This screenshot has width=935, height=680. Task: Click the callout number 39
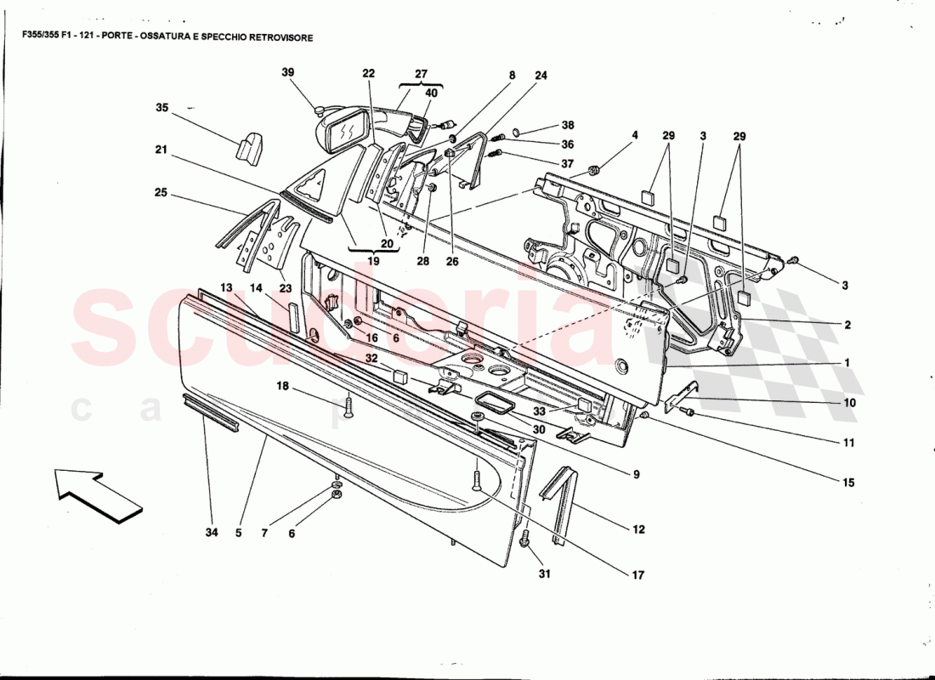[x=288, y=73]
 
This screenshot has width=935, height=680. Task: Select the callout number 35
[x=161, y=108]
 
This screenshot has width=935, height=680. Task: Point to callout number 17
[x=637, y=575]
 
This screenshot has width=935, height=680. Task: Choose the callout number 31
[x=544, y=574]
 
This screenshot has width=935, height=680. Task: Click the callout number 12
[x=638, y=530]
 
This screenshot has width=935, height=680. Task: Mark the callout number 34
[x=211, y=533]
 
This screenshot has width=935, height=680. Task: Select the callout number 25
[x=161, y=194]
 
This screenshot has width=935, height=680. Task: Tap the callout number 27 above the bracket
[x=422, y=73]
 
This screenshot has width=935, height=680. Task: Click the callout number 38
[x=568, y=125]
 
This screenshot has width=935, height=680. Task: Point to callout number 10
[x=850, y=404]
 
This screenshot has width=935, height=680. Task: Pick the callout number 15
[x=848, y=483]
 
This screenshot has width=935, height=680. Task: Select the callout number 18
[x=281, y=386]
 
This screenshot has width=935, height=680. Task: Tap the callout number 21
[x=161, y=150]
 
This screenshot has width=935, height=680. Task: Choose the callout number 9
[x=635, y=474]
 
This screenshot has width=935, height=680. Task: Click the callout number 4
[x=634, y=135]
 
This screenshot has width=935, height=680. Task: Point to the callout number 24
[x=541, y=76]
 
